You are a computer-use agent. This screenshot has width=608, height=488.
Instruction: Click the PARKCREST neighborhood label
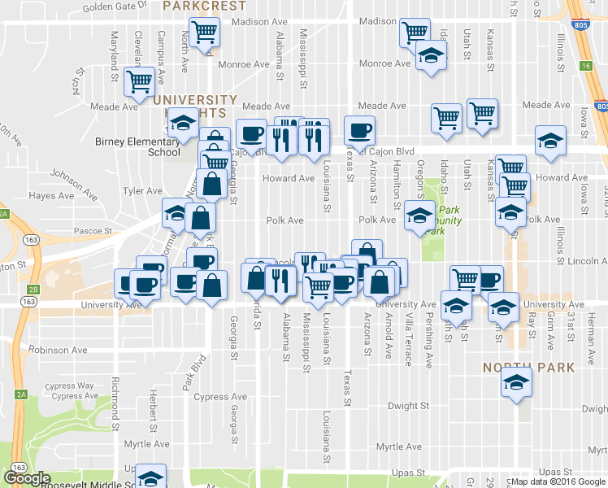(x=204, y=6)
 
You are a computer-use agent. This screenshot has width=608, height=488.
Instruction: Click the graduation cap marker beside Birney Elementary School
(x=182, y=123)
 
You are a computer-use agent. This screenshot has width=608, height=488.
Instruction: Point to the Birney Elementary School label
(x=137, y=146)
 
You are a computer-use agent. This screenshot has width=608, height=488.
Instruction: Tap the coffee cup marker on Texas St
(x=359, y=129)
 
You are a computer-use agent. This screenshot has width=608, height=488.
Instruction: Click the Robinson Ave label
(x=58, y=350)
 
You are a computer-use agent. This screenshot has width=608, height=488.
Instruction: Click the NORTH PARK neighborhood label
(x=529, y=368)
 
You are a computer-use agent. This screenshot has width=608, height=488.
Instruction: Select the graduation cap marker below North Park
(x=515, y=381)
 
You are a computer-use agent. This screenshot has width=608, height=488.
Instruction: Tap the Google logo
(x=27, y=478)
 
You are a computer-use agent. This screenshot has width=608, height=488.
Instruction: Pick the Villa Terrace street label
(x=408, y=333)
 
